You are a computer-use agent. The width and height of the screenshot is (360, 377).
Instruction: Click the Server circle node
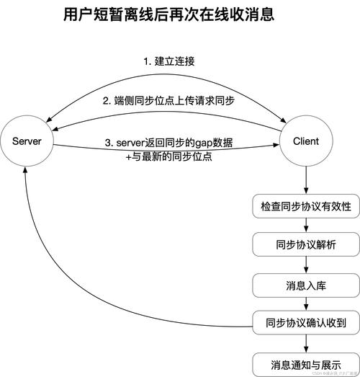pyautogui.click(x=27, y=142)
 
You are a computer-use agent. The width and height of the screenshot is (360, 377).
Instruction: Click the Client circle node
pyautogui.click(x=306, y=142)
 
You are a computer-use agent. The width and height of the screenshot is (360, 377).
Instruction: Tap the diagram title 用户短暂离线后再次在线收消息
pyautogui.click(x=168, y=14)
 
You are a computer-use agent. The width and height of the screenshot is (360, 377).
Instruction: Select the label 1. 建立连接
pyautogui.click(x=170, y=61)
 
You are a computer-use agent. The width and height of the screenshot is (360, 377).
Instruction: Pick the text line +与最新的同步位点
pyautogui.click(x=168, y=156)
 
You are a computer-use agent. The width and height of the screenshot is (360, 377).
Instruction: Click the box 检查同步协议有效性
pyautogui.click(x=305, y=206)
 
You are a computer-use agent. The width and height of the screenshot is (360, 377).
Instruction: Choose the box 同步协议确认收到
pyautogui.click(x=305, y=321)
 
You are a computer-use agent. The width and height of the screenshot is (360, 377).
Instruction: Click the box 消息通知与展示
pyautogui.click(x=305, y=361)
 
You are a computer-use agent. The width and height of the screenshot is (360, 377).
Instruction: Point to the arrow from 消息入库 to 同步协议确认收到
pyautogui.click(x=305, y=303)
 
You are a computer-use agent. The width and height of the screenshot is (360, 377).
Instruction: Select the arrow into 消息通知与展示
pyautogui.click(x=305, y=342)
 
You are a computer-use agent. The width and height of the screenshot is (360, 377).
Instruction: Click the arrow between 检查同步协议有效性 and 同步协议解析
pyautogui.click(x=305, y=226)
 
